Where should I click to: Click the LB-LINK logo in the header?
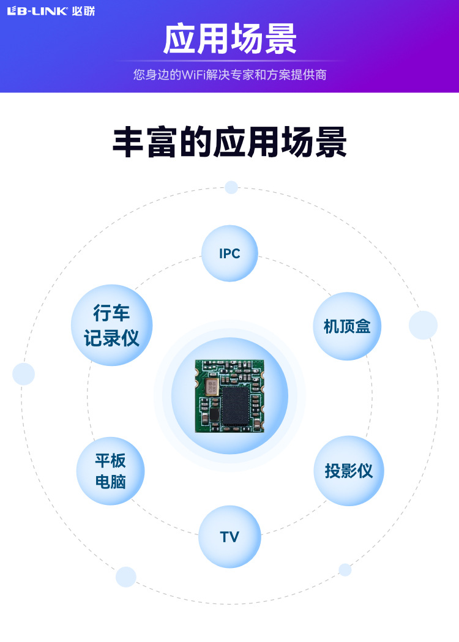(37, 11)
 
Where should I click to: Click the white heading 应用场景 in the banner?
(229, 40)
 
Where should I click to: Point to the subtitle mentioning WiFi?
(229, 75)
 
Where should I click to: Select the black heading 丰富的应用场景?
(229, 143)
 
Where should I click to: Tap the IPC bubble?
(229, 253)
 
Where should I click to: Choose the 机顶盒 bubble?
(347, 326)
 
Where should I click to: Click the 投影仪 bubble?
(349, 471)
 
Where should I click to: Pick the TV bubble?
(229, 537)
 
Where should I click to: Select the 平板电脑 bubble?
(110, 471)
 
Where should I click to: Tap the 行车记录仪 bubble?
(111, 326)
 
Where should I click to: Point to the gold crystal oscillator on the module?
(212, 387)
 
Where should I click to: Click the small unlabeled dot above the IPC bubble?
(231, 187)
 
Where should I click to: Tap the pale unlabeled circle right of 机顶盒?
(423, 325)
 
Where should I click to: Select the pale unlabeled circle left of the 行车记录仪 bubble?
(23, 374)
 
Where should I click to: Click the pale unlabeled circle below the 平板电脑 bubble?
(125, 577)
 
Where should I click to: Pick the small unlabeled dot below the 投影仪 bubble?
(345, 570)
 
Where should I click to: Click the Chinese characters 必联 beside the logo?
(83, 11)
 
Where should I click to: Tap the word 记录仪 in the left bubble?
(111, 338)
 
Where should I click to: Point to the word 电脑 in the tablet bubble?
(110, 482)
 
